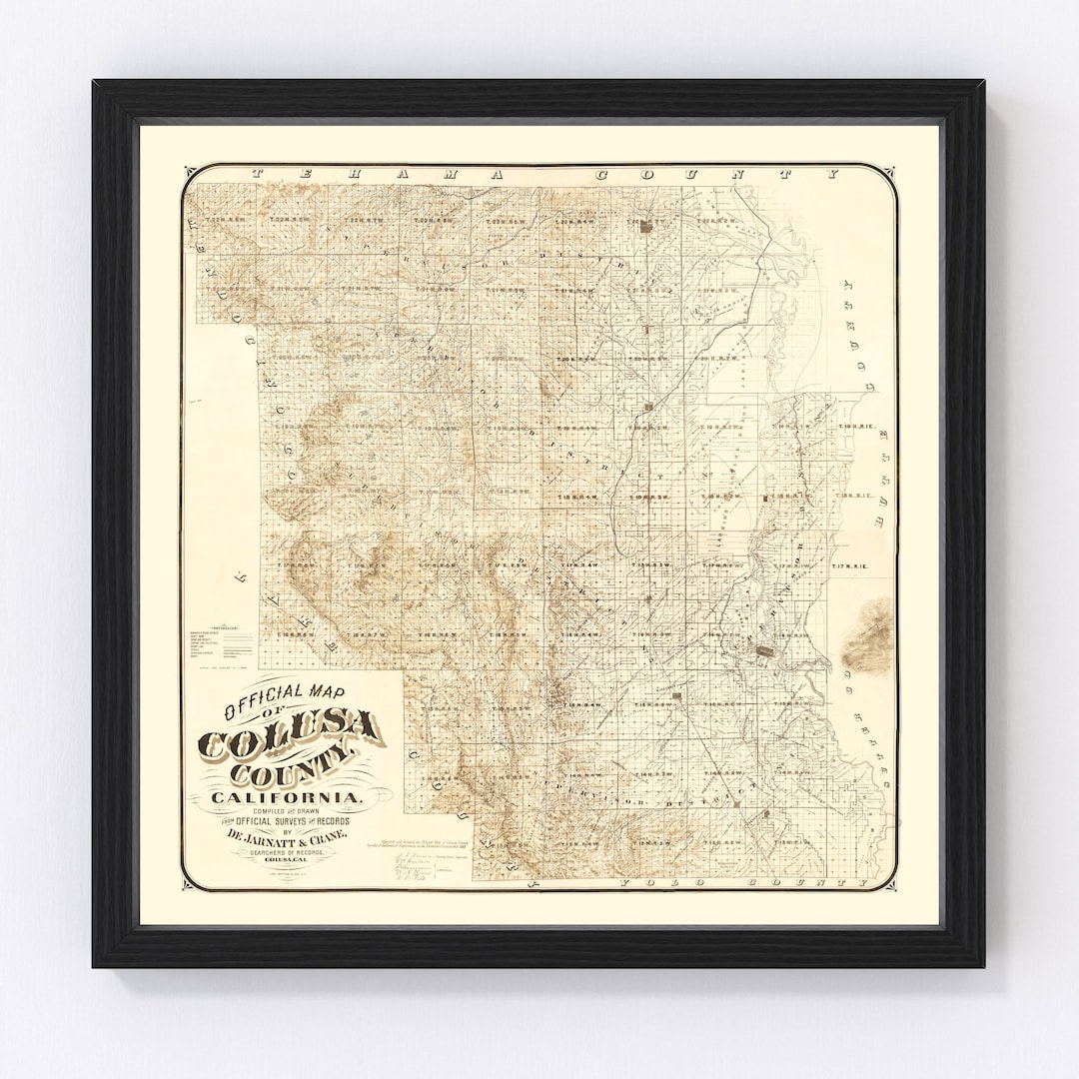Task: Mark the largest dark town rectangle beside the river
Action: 764,650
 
